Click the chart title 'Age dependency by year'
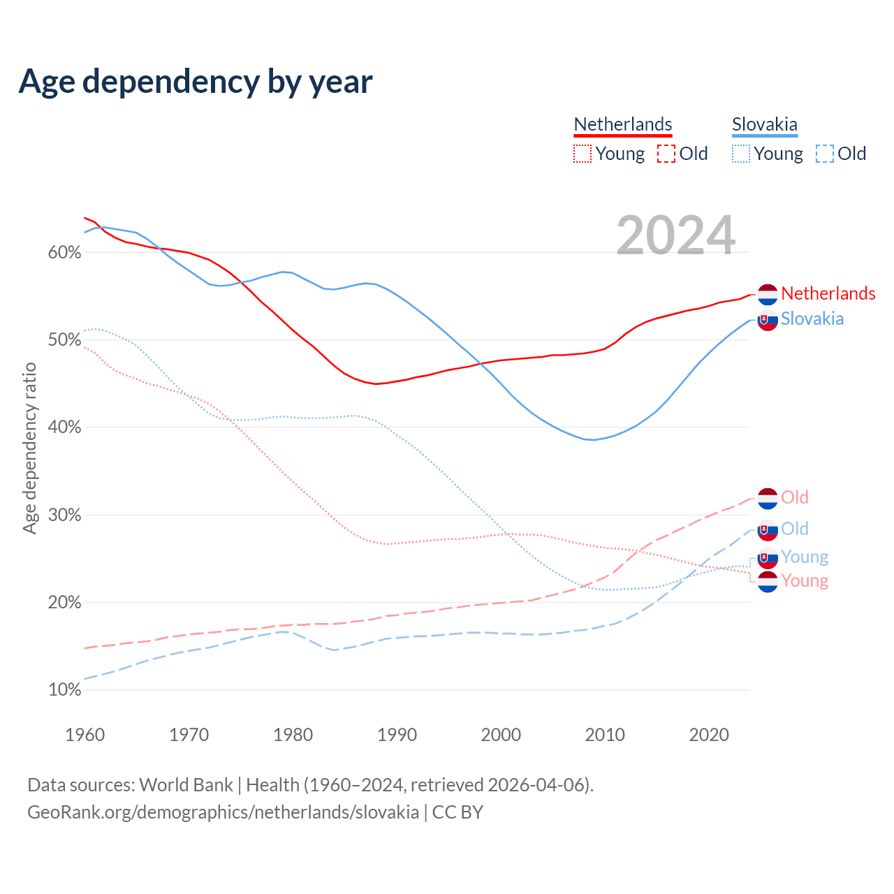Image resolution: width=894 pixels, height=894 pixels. tap(196, 82)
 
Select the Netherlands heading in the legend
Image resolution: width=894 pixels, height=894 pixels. tap(622, 124)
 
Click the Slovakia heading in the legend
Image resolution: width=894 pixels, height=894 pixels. tap(764, 124)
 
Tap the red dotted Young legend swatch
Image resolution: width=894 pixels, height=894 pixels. tap(582, 154)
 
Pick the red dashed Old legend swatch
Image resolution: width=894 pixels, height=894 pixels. tap(666, 154)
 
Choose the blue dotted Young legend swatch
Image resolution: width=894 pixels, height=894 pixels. tap(741, 154)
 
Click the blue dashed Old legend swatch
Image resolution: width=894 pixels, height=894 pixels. tap(825, 154)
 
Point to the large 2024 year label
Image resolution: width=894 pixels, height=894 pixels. tap(675, 235)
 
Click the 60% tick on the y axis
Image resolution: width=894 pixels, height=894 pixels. tap(64, 253)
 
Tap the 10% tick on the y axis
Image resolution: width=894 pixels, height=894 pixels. tap(64, 690)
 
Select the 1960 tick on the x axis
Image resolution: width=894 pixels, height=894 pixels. tap(85, 735)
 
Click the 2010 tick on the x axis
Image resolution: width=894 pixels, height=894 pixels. tap(605, 735)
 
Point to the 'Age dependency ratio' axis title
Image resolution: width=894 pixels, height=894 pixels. tap(29, 448)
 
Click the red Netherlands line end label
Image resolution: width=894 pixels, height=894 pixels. tap(828, 293)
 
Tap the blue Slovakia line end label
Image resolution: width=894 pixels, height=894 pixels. tap(812, 318)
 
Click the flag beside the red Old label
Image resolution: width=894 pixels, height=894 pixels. tap(768, 499)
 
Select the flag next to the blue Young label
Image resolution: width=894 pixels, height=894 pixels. tap(768, 558)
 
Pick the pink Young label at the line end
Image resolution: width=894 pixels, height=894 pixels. tap(805, 580)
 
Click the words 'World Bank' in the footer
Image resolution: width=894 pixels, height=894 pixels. tap(186, 785)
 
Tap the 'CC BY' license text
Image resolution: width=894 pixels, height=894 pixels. tap(457, 812)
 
